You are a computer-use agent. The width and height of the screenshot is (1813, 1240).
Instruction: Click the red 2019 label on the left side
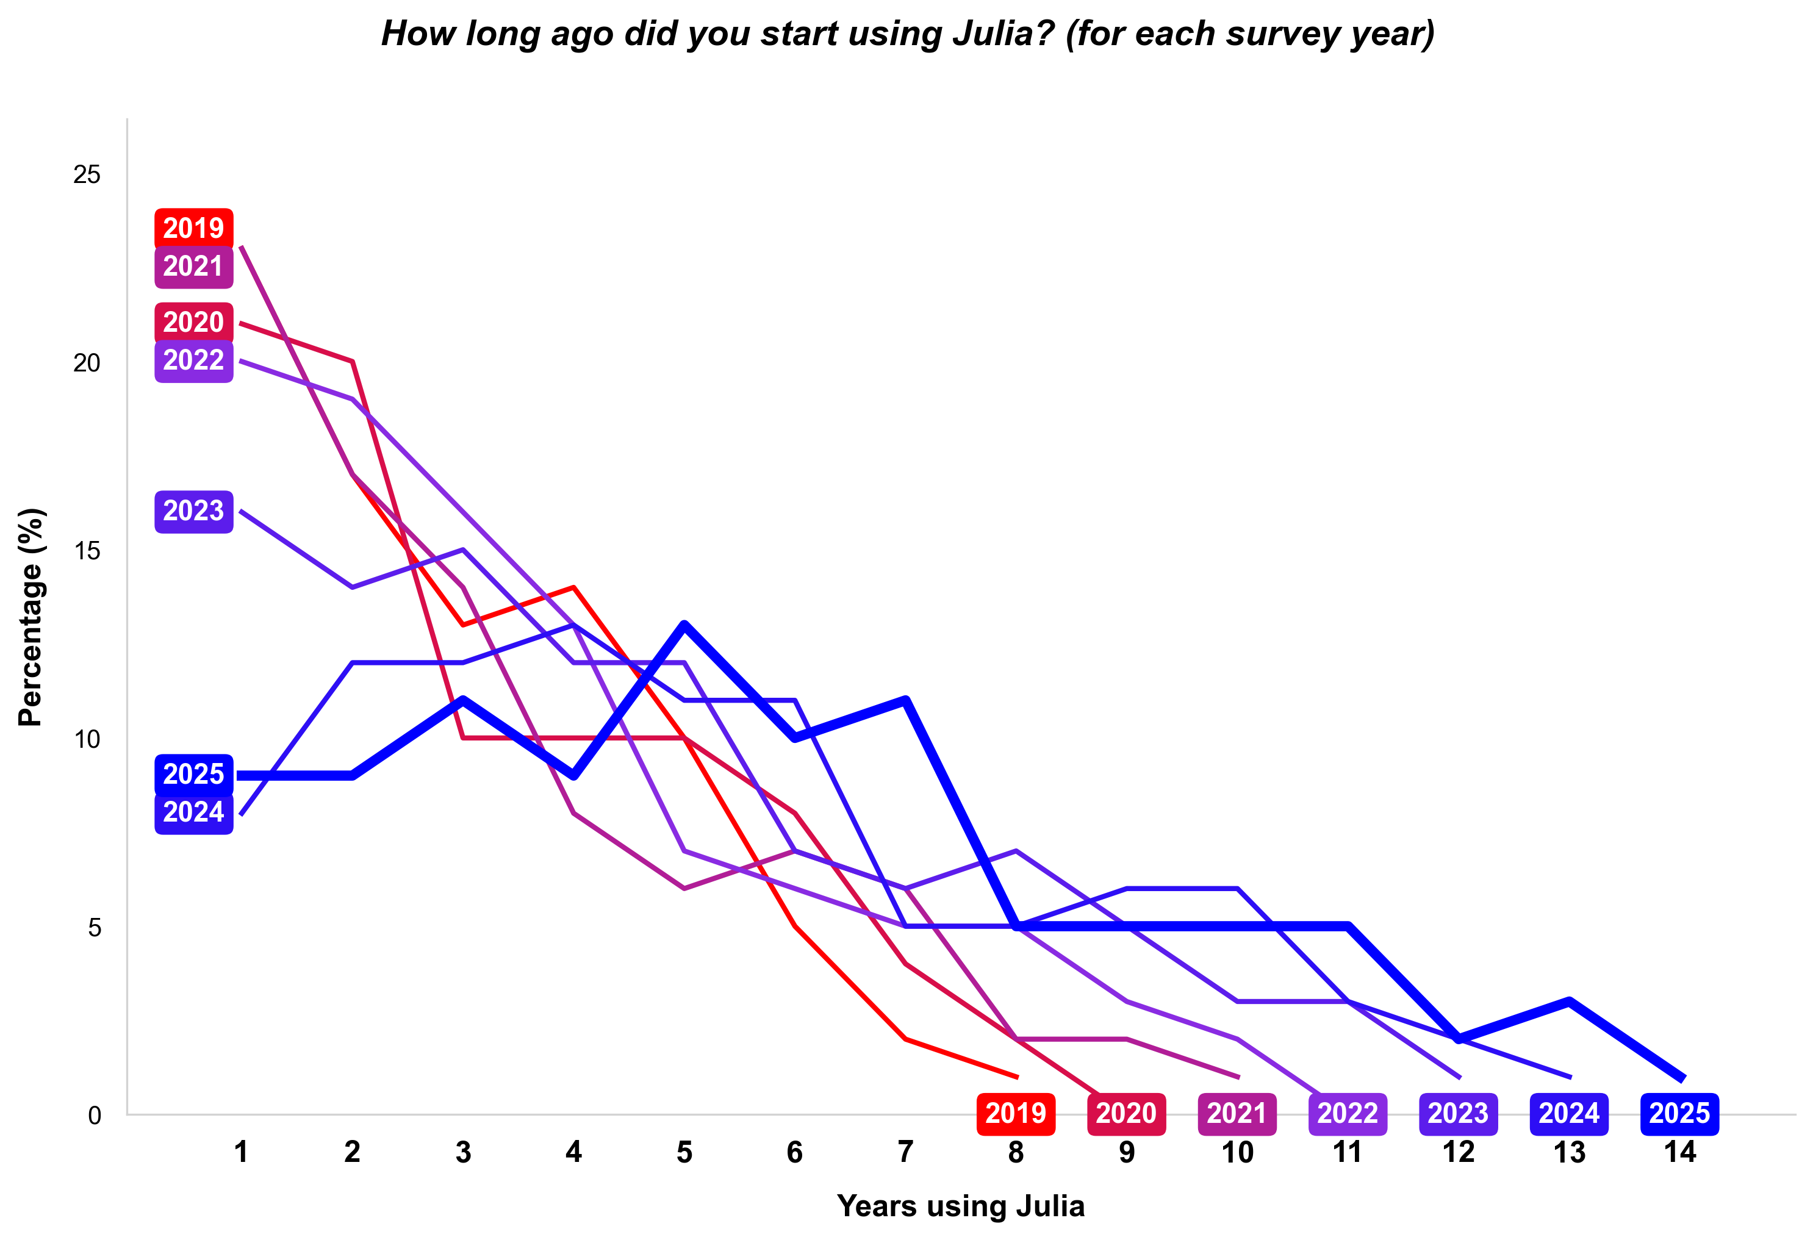[193, 229]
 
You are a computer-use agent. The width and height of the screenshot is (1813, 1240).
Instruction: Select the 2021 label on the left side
[193, 267]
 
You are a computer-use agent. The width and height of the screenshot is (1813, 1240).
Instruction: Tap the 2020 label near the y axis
[193, 322]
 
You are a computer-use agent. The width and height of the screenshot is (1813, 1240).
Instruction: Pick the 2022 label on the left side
[193, 360]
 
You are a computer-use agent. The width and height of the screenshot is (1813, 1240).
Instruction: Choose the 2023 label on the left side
[193, 511]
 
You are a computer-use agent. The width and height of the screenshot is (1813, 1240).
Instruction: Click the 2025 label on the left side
[193, 775]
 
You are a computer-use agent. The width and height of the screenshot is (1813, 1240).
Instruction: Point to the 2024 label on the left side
[193, 812]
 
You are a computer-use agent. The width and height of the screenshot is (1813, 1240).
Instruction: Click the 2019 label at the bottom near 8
[1015, 1113]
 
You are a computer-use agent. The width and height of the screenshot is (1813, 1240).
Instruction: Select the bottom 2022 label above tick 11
[1348, 1113]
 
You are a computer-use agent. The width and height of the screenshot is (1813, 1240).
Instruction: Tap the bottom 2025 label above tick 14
[1679, 1113]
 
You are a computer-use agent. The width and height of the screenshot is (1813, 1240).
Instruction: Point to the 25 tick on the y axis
[87, 174]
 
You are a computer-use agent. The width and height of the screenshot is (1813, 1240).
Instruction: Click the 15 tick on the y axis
[87, 551]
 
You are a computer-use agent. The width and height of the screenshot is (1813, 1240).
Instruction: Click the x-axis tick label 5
[684, 1152]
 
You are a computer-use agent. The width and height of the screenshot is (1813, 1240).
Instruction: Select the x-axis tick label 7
[905, 1152]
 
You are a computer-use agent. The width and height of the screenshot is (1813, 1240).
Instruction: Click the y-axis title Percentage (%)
[31, 617]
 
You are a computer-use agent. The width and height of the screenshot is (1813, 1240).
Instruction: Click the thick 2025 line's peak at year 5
[684, 625]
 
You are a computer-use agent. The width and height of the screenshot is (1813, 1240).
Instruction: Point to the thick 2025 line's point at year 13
[1569, 1002]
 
